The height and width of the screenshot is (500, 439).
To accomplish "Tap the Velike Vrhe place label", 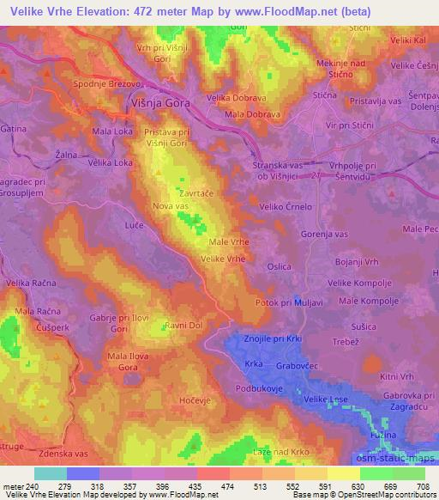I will click(x=225, y=259).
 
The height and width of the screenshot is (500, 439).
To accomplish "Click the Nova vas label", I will click(x=168, y=205).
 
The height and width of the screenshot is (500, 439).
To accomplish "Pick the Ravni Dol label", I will click(x=183, y=326).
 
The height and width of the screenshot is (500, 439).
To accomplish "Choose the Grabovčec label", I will click(x=297, y=366).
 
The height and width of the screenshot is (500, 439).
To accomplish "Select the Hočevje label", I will click(x=192, y=400).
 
